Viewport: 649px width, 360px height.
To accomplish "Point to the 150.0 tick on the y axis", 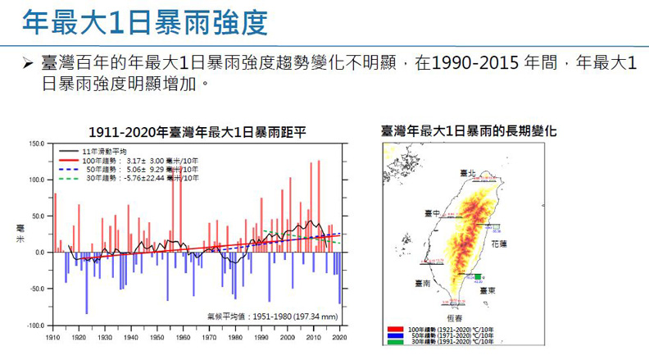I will [35, 144].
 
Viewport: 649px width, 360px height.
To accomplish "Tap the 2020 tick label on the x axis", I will [340, 336].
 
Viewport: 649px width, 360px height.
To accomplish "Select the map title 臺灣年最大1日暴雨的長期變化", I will [468, 130].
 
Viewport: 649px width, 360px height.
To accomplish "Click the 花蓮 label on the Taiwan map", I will [499, 244].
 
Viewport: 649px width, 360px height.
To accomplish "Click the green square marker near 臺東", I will [478, 277].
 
